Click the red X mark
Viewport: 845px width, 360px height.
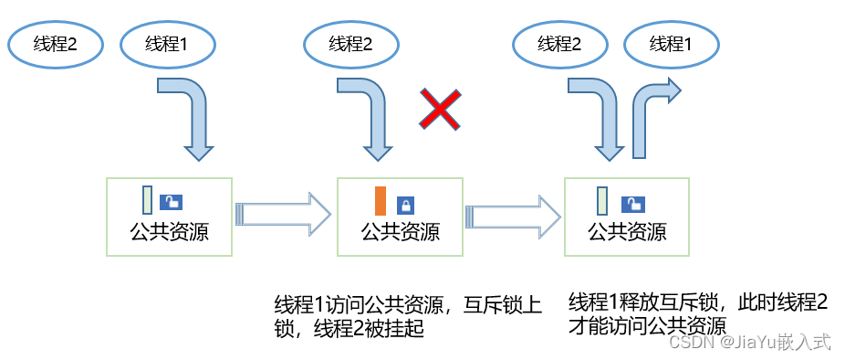click(x=440, y=111)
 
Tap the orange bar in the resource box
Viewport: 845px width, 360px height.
click(x=381, y=201)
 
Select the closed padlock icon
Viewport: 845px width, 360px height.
click(x=405, y=206)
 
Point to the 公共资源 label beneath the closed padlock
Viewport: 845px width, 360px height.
click(x=401, y=233)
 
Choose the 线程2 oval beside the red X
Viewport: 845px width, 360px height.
click(x=351, y=45)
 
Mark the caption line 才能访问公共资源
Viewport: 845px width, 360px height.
click(x=648, y=326)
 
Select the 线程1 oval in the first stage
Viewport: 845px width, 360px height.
click(x=167, y=46)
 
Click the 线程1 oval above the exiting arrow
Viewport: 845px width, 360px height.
click(x=671, y=45)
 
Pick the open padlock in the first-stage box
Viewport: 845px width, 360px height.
click(x=172, y=203)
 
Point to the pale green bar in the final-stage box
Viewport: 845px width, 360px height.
click(x=602, y=200)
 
